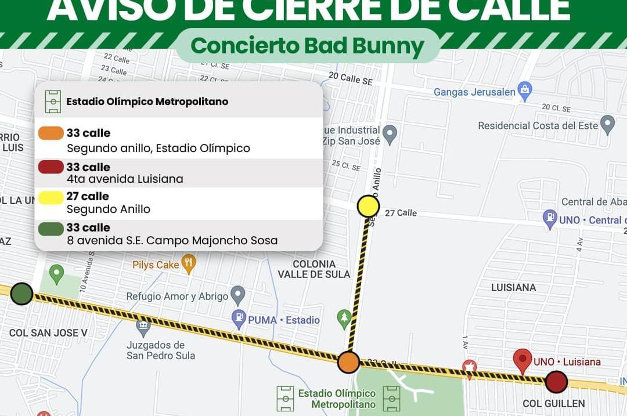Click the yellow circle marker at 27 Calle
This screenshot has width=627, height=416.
368,206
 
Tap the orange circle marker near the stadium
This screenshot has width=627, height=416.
349,362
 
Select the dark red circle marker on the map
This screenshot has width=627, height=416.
556,382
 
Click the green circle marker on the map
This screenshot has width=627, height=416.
22,294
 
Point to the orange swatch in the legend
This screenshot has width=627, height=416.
51,133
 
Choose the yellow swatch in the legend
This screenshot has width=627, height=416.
51,197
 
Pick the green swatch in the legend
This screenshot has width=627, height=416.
51,229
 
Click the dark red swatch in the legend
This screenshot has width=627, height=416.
51,167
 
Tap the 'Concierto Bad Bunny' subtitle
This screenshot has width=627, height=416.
307,45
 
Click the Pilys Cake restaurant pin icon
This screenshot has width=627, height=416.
188,263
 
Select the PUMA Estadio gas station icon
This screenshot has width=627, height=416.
239,319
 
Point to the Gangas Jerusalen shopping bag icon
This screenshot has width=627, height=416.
525,91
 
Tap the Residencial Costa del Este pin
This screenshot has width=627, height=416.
607,124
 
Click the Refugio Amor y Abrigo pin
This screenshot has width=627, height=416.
237,295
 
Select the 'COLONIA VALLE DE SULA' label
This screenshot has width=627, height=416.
314,269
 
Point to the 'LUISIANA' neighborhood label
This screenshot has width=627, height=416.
513,287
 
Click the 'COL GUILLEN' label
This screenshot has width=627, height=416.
553,403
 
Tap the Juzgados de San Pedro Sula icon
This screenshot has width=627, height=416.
143,328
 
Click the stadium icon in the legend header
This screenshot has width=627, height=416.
53,102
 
